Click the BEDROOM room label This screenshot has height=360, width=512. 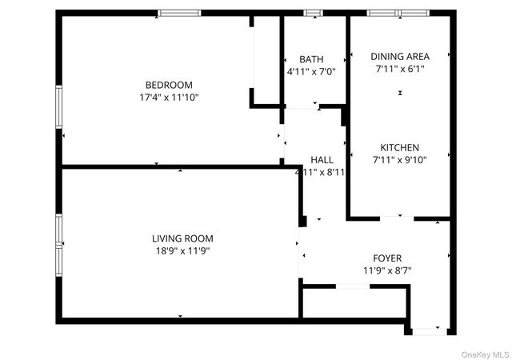point(168,85)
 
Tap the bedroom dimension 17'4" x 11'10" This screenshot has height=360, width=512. point(168,98)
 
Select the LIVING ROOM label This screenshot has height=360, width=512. point(182,238)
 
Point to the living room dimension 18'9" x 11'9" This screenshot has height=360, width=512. point(182,250)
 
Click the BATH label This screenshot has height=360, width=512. point(311,59)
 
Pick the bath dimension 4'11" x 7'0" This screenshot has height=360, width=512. point(311,72)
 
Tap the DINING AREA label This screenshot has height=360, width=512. point(400,56)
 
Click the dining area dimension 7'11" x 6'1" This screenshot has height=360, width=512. point(400,69)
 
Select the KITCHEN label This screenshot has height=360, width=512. point(399,147)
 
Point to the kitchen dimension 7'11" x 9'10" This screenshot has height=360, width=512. point(399,160)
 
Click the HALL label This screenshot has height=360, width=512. point(322,159)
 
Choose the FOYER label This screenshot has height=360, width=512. point(387,258)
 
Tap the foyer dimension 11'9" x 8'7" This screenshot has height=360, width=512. point(387,270)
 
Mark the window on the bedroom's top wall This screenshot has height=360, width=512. point(179,13)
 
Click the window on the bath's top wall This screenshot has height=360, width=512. point(313,13)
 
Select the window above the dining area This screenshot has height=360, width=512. point(398,13)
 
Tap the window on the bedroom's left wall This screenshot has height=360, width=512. point(58,106)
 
